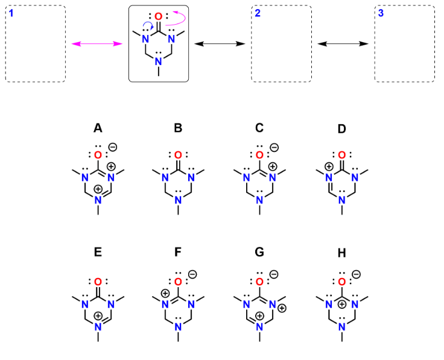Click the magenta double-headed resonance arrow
(97, 44)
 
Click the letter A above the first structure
(98, 128)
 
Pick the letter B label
(178, 128)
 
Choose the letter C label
(259, 128)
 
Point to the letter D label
(341, 128)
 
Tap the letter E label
(98, 254)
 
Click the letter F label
(178, 254)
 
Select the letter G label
(259, 254)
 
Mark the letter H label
(341, 254)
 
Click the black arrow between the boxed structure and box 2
(219, 44)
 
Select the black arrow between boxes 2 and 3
(343, 44)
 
